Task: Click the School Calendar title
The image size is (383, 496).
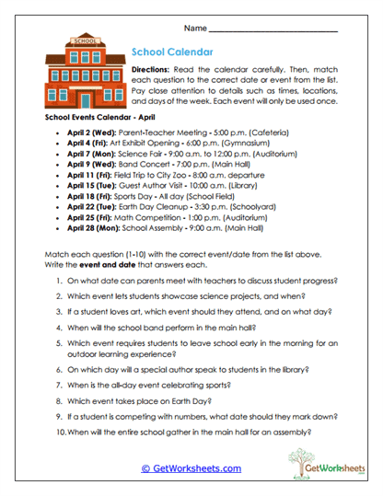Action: (174, 52)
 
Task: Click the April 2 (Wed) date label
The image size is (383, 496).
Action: (90, 133)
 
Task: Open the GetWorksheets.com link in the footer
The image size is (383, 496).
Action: (191, 467)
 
